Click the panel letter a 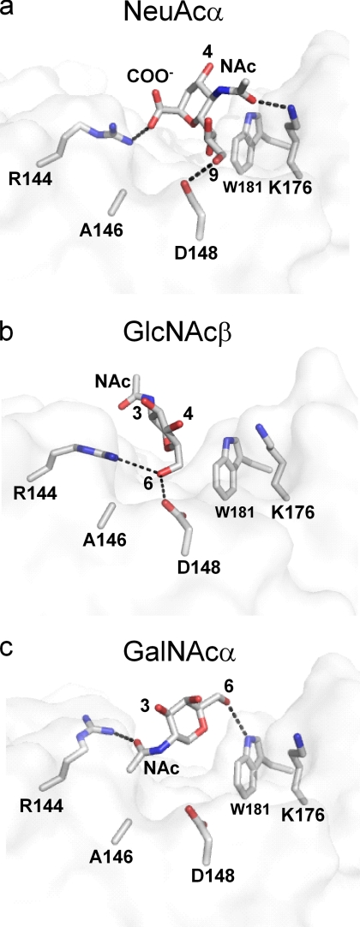pos(7,10)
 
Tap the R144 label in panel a pos(29,178)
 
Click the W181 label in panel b pos(237,512)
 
